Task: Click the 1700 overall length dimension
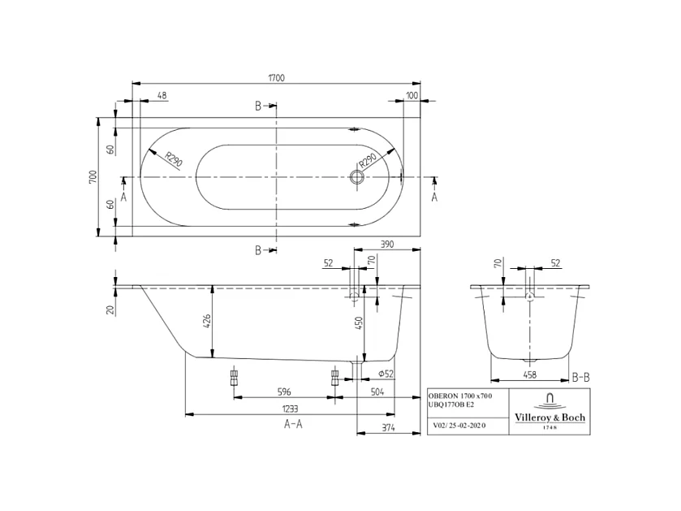[277, 78]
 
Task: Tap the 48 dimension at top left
[162, 96]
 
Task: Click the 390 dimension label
[386, 244]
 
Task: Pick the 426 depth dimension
[206, 321]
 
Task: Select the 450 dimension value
[358, 323]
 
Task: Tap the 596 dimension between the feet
[283, 391]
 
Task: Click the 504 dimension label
[376, 391]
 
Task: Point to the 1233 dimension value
[290, 409]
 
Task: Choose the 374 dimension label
[389, 427]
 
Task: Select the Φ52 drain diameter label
[386, 373]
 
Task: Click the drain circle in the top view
[357, 176]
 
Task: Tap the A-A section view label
[293, 424]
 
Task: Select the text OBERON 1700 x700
[459, 395]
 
